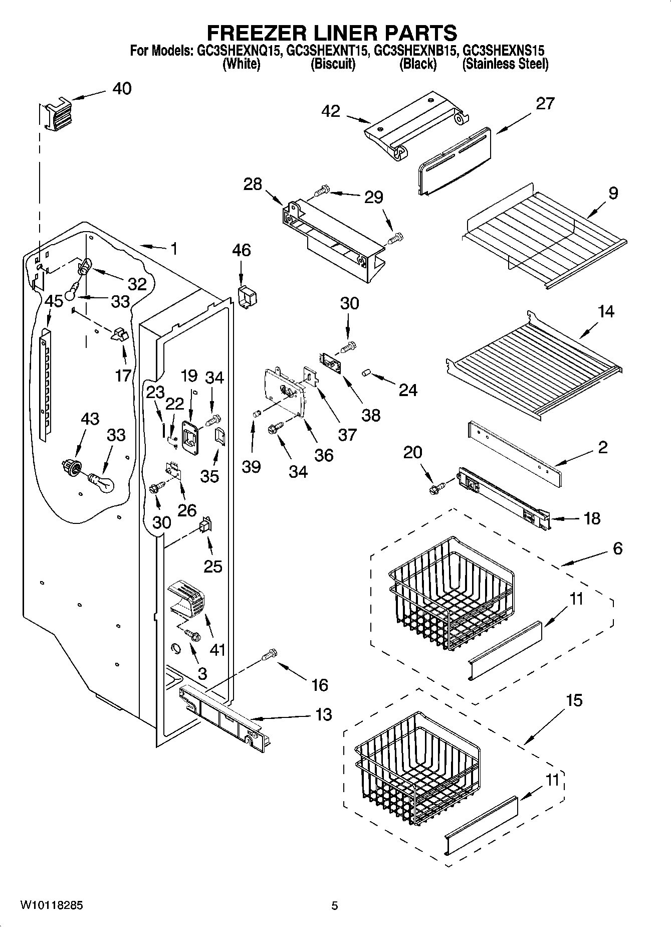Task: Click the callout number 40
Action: click(x=122, y=88)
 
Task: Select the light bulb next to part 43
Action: click(x=102, y=483)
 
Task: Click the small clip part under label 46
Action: click(x=247, y=296)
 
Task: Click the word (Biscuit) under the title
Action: click(x=333, y=64)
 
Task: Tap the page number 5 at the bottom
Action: click(x=335, y=905)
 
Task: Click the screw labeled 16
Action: click(x=270, y=654)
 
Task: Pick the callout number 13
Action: click(x=324, y=714)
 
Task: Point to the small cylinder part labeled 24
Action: click(x=366, y=373)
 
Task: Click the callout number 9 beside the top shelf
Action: click(x=613, y=193)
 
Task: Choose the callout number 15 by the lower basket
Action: click(x=574, y=700)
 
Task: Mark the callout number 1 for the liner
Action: click(x=173, y=249)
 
